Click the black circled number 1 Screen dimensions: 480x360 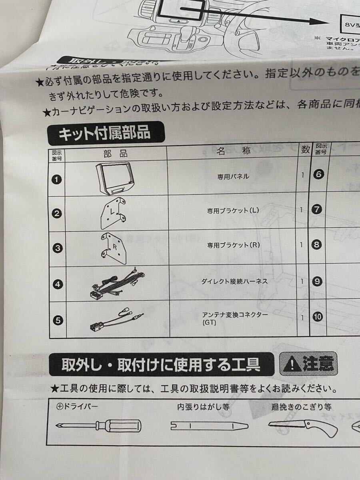[57, 179]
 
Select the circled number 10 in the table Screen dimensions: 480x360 [318, 317]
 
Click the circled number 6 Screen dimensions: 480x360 [318, 174]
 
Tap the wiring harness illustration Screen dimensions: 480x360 [117, 284]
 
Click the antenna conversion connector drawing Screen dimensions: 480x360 [116, 319]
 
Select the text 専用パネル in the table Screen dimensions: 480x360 [233, 176]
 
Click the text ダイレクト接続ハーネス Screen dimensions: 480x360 [234, 281]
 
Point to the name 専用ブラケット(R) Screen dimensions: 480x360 [234, 245]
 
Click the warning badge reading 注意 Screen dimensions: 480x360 [308, 364]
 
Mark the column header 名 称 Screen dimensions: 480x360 [234, 152]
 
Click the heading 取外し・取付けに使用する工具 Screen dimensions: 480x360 [161, 364]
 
